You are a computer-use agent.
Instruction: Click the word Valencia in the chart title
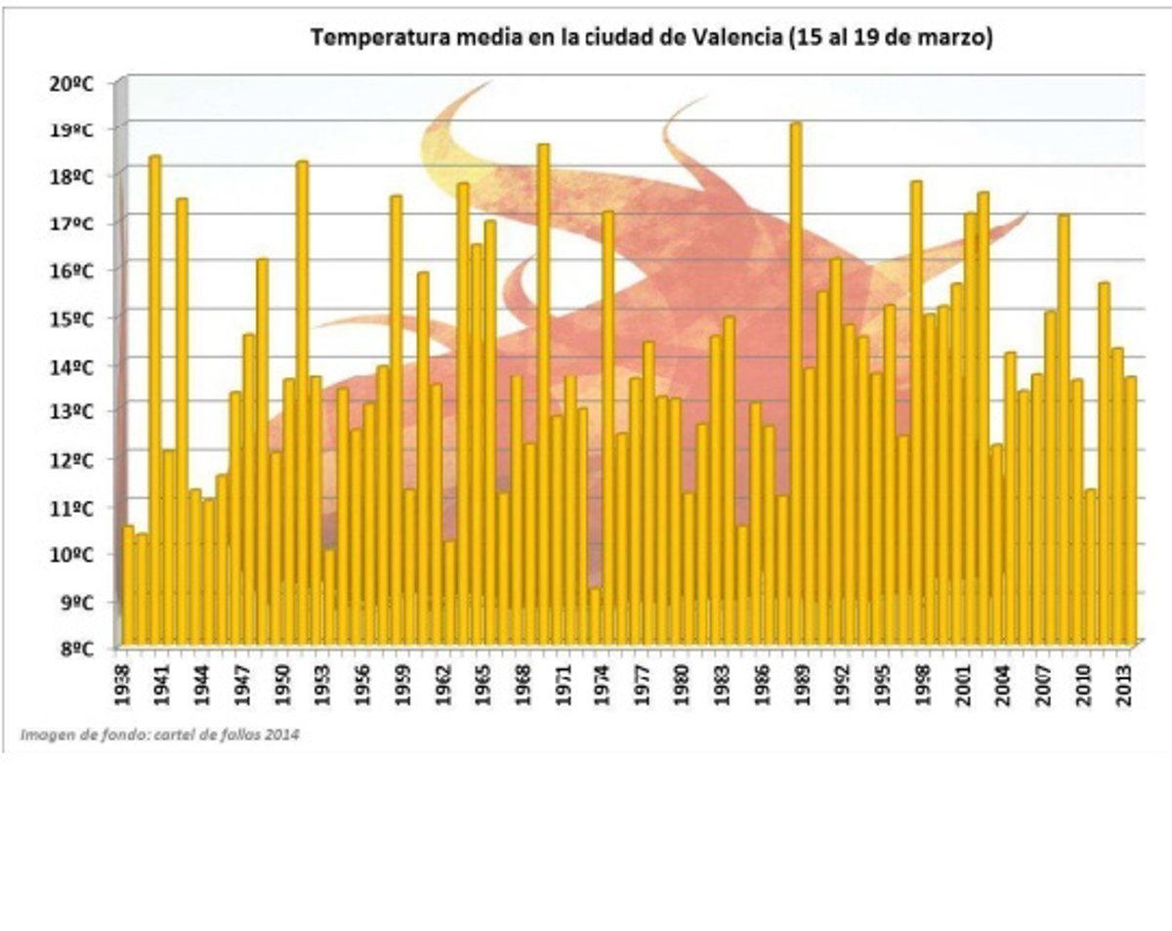coord(735,38)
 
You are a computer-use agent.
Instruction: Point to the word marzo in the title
coord(958,38)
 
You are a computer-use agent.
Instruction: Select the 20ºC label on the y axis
coord(70,82)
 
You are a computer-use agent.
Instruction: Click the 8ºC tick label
coord(75,648)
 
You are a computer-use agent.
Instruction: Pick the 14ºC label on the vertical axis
coord(70,366)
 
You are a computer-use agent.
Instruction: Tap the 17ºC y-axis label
coord(70,224)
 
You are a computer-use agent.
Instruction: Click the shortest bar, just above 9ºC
coord(594,615)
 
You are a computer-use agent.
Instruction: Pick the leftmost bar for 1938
coord(127,586)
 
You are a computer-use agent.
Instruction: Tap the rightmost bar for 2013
coord(1130,508)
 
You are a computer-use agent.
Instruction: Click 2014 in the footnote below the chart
coord(283,734)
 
